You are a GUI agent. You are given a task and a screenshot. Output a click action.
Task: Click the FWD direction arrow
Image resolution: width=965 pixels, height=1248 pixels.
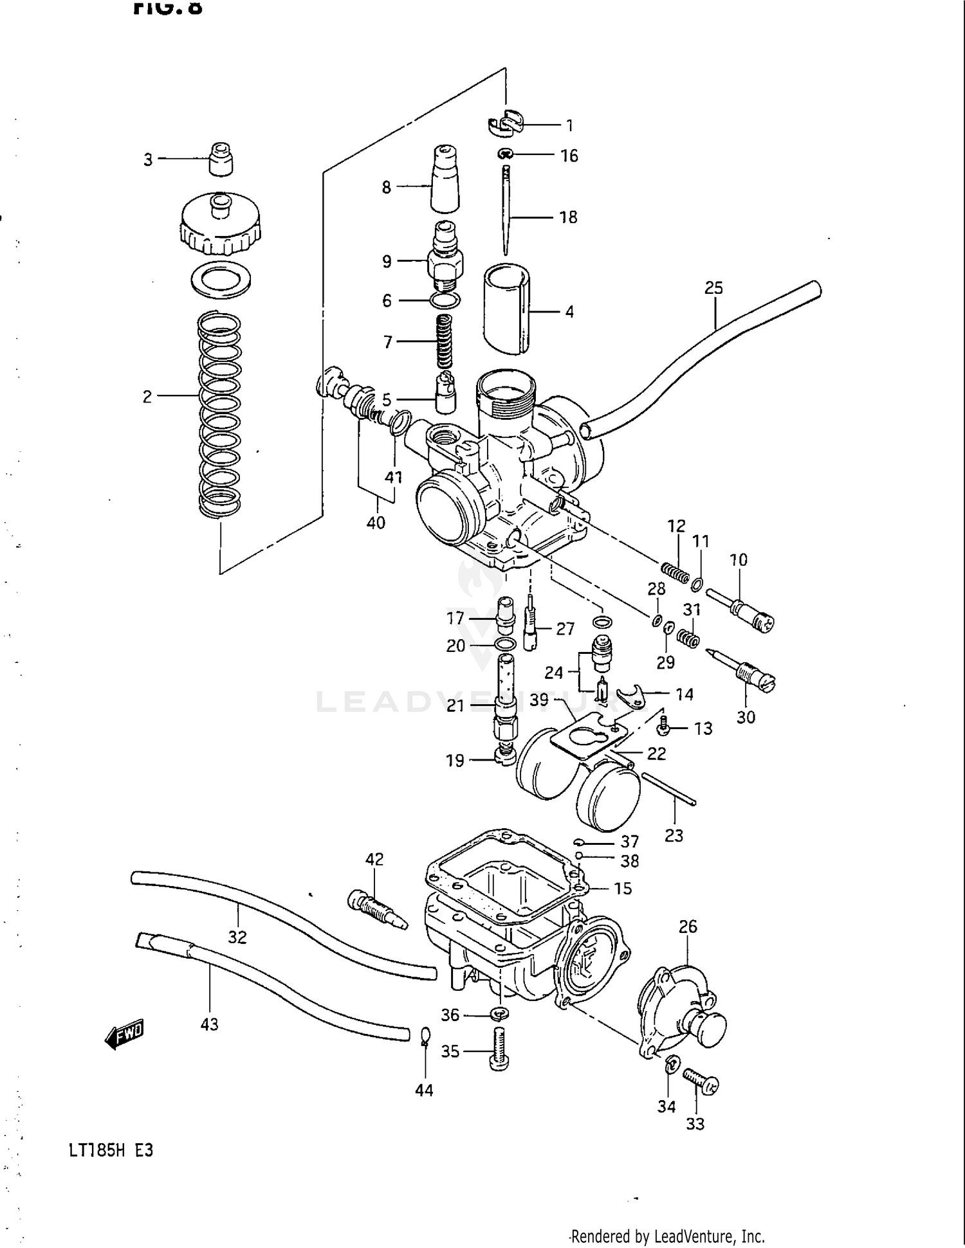click(124, 1033)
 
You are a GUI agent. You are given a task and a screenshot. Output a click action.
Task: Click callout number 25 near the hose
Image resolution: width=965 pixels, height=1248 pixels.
click(713, 287)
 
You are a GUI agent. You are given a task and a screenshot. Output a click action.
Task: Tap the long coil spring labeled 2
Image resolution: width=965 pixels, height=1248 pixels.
click(219, 415)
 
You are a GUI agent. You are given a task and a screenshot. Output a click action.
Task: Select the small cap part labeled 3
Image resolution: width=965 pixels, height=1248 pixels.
click(221, 159)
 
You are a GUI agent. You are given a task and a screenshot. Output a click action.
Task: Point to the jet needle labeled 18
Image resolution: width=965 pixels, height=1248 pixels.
click(506, 212)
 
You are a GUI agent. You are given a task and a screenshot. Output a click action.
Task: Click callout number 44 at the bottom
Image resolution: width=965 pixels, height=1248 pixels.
click(424, 1090)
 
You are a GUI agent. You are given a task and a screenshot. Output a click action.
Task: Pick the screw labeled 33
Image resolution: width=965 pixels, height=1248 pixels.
click(700, 1081)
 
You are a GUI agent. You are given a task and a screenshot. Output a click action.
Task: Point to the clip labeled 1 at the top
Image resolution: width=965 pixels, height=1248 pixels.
click(506, 123)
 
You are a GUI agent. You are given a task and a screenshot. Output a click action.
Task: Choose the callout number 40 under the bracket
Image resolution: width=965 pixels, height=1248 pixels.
click(376, 522)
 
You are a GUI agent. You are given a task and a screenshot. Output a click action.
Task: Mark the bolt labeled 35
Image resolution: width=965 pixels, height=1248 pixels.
click(499, 1049)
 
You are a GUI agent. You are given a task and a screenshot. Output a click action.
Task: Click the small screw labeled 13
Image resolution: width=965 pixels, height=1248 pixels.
click(665, 727)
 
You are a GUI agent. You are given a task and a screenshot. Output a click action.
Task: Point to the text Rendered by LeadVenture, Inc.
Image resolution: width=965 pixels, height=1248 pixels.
click(667, 1236)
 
